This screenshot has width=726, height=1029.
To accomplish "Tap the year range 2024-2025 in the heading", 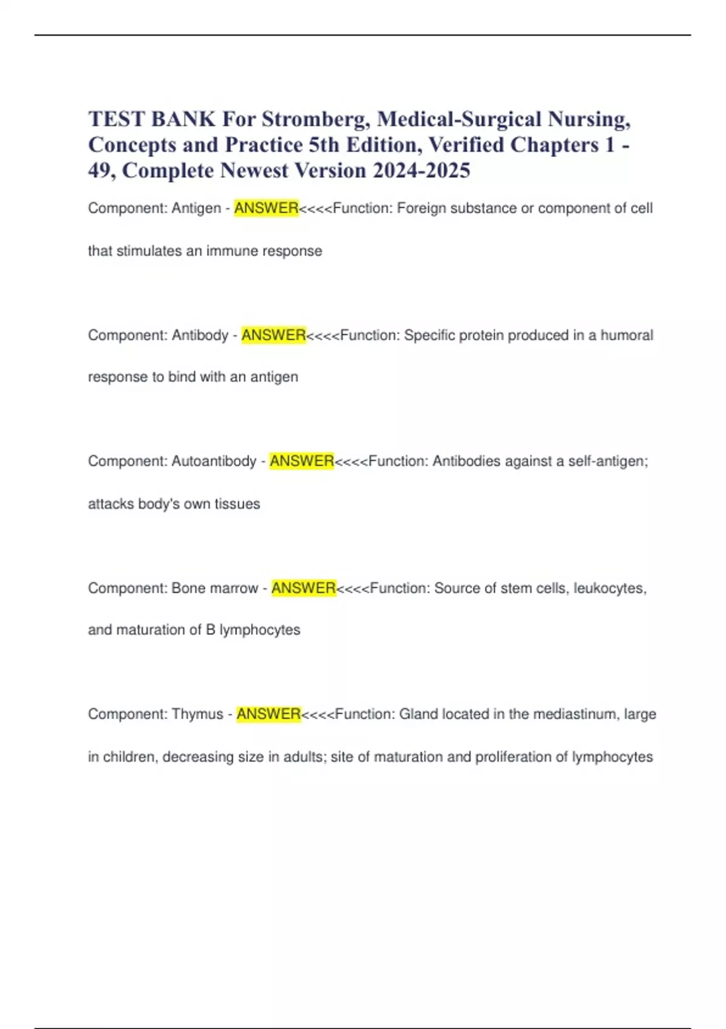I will pos(421,171).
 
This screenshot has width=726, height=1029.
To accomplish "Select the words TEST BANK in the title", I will pos(152,119).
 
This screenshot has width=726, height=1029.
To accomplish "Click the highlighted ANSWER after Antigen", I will pos(266,208).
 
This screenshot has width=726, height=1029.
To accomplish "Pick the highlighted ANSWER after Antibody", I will pos(273,335).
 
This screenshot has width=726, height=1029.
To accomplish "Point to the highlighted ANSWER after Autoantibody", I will pos(302,461).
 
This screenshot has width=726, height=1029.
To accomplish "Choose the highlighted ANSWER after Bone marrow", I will pos(304,588).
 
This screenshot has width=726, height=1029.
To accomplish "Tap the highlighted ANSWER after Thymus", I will pos(269,714).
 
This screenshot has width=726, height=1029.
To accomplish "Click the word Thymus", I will pos(197,714).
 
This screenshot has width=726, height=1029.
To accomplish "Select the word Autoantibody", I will pos(214,461).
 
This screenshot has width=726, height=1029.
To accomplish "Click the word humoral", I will pos(627,335).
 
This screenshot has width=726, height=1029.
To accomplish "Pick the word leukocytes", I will pos(610,588).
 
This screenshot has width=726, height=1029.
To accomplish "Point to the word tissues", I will pos(237,504).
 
